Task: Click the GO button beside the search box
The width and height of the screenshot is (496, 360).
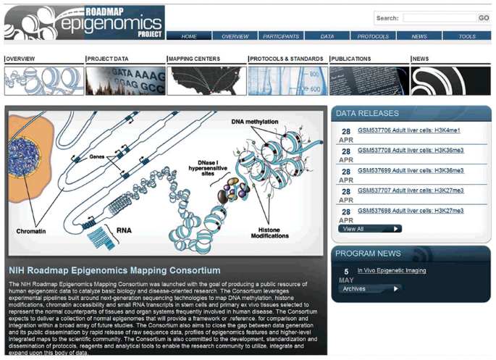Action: click(484, 18)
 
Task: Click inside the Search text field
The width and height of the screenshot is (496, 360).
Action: click(439, 18)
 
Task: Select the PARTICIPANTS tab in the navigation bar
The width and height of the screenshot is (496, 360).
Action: click(281, 36)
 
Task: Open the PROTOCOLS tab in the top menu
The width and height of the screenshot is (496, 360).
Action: click(373, 36)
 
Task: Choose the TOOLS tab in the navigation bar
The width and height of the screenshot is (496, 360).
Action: click(467, 36)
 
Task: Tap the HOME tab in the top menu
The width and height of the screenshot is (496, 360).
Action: click(189, 36)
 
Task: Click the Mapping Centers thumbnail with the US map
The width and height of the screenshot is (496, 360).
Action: click(206, 81)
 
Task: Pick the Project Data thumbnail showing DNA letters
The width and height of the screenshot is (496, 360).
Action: click(125, 81)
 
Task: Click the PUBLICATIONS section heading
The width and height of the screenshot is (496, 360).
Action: click(351, 59)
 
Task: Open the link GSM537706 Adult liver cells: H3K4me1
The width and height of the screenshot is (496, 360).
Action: click(408, 130)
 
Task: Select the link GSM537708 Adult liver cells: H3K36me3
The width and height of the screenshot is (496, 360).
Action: click(411, 151)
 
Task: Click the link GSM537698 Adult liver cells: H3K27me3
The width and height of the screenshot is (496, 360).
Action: click(411, 211)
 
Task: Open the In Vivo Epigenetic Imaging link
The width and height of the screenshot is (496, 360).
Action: click(392, 271)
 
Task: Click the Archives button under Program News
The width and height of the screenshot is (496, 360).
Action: click(370, 288)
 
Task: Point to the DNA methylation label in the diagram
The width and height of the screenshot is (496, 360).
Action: click(254, 122)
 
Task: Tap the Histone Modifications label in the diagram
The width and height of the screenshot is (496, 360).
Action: click(270, 232)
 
